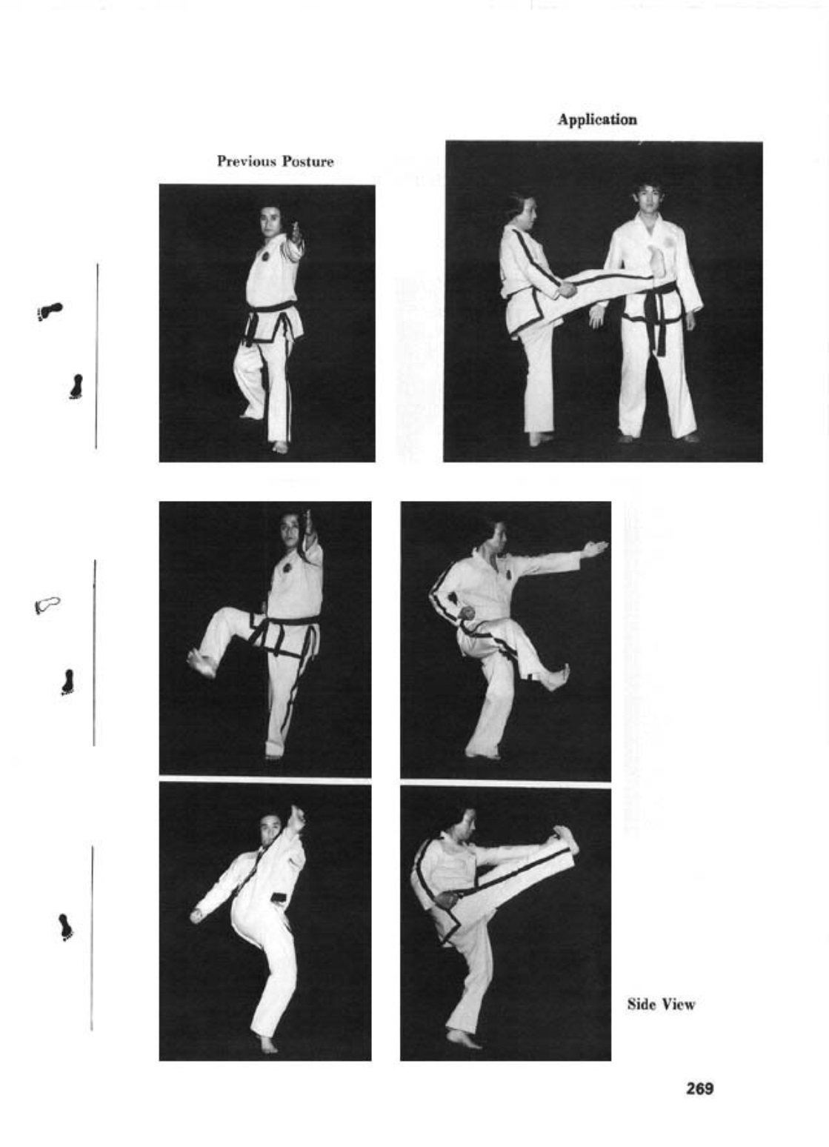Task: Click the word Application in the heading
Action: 596,119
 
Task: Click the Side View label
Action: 661,1005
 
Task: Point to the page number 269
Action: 699,1088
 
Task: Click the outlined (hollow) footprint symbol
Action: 47,605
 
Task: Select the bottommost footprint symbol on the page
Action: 66,927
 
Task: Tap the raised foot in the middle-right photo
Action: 557,677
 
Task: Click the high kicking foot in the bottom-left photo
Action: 297,818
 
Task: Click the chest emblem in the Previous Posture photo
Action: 264,256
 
